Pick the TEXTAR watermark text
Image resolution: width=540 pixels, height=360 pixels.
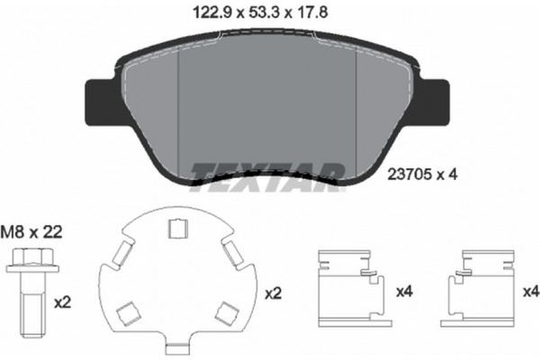point(269,173)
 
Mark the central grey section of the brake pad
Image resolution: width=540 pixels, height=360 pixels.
point(268,108)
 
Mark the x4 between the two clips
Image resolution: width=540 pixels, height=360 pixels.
point(404,292)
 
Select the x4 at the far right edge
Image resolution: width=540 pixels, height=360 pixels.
point(528,292)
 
